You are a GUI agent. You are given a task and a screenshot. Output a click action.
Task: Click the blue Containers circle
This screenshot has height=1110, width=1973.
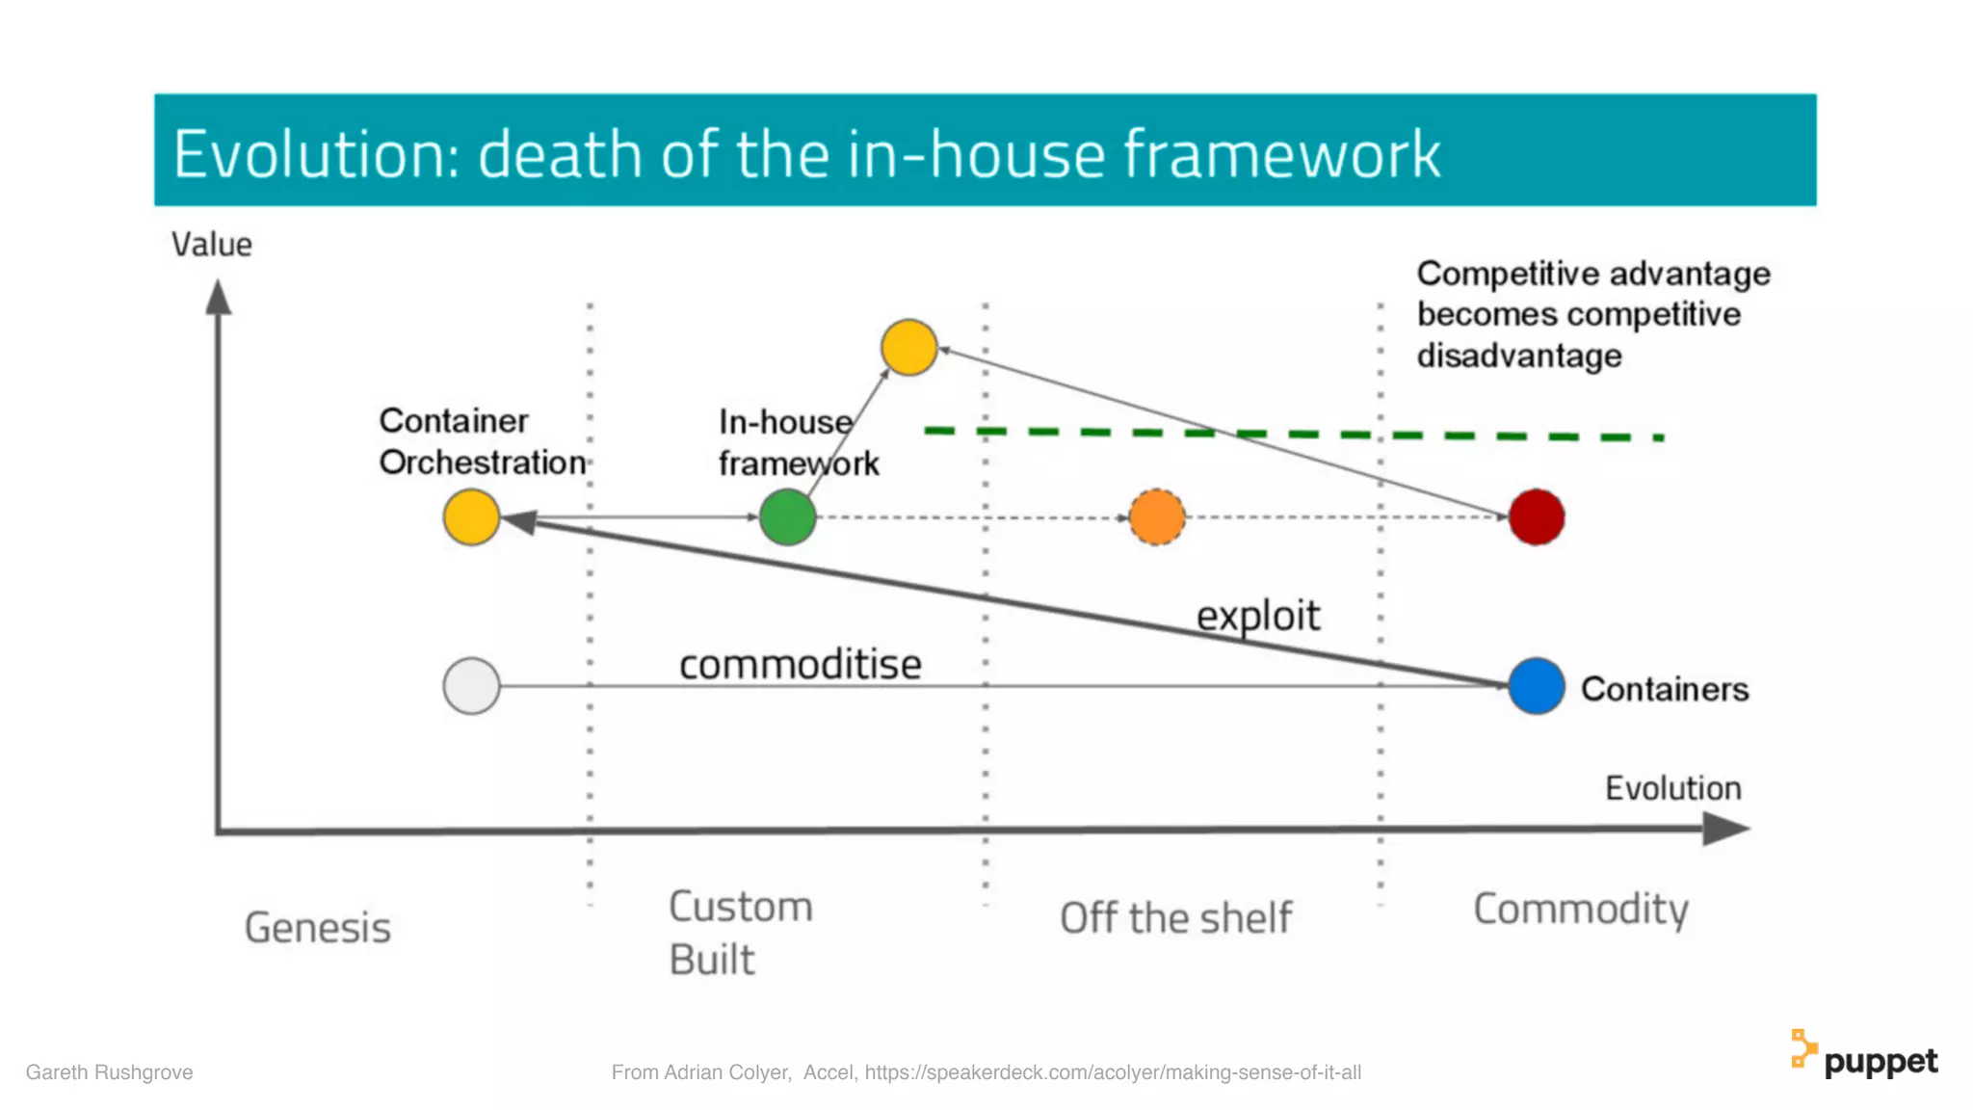tap(1536, 686)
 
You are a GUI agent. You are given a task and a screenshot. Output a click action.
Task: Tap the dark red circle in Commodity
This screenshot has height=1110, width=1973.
tap(1536, 517)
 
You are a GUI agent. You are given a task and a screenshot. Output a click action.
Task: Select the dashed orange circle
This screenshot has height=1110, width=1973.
tap(1156, 517)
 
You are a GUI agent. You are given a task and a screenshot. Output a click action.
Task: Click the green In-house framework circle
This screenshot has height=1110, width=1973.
tap(787, 517)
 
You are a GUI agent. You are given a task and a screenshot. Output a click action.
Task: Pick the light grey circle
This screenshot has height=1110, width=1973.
tap(471, 686)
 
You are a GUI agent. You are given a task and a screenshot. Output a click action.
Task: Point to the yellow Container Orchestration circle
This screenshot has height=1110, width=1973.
tap(471, 517)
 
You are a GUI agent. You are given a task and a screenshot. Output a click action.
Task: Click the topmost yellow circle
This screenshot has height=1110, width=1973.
tap(908, 347)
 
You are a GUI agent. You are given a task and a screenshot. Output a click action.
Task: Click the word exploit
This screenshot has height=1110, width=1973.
tap(1257, 616)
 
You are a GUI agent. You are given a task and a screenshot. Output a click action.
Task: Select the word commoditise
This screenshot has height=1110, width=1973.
tap(800, 665)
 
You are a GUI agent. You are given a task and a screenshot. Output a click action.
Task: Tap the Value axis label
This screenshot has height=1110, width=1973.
tap(212, 245)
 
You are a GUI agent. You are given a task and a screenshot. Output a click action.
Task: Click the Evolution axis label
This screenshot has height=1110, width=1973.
tap(1672, 788)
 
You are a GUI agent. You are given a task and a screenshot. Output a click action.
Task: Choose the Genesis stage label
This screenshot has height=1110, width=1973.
tap(318, 928)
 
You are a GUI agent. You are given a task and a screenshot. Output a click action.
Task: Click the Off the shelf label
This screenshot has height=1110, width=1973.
tap(1175, 918)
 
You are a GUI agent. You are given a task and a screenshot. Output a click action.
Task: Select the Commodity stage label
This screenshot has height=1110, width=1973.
tap(1580, 910)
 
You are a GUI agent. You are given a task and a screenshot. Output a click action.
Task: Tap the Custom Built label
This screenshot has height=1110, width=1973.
tap(740, 933)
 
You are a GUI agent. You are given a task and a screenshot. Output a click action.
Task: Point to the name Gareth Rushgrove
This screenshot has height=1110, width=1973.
tap(109, 1072)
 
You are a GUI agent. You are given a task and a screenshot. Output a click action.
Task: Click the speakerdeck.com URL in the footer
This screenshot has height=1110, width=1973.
tap(1112, 1072)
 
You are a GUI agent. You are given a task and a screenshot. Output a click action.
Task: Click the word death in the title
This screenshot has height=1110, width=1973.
tap(559, 154)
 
